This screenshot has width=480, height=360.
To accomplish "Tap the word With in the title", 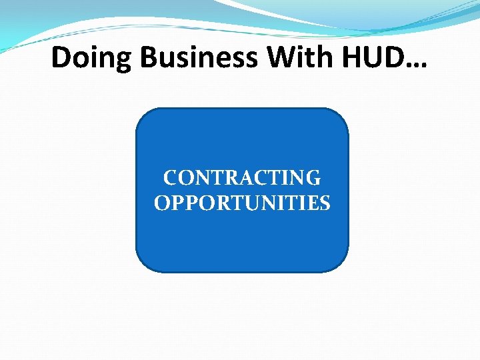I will (x=299, y=58).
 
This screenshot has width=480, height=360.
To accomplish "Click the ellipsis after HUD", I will (x=417, y=65).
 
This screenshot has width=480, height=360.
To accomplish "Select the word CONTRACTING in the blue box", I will (x=242, y=178).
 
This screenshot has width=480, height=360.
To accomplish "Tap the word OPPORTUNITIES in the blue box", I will (x=242, y=203).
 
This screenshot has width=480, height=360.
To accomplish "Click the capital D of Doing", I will (x=61, y=58).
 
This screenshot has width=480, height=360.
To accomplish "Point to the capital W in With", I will (x=281, y=58).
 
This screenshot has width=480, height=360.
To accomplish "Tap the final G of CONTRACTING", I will (x=313, y=178).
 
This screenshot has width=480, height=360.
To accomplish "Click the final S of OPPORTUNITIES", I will (x=325, y=203).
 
